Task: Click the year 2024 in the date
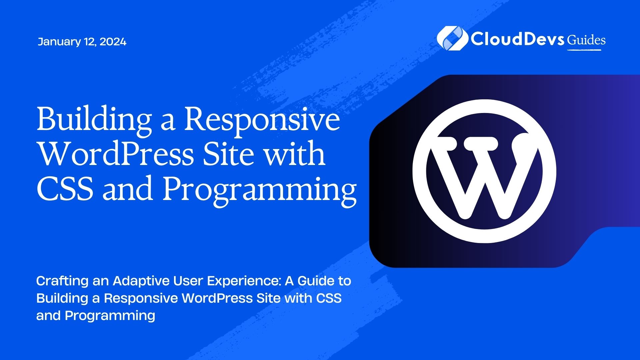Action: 113,42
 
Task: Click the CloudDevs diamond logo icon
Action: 452,38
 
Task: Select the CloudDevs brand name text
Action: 517,39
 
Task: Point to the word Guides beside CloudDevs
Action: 586,40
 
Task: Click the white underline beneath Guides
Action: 584,50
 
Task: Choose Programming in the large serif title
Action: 260,190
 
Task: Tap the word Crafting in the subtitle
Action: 62,281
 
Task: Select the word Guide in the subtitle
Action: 316,281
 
